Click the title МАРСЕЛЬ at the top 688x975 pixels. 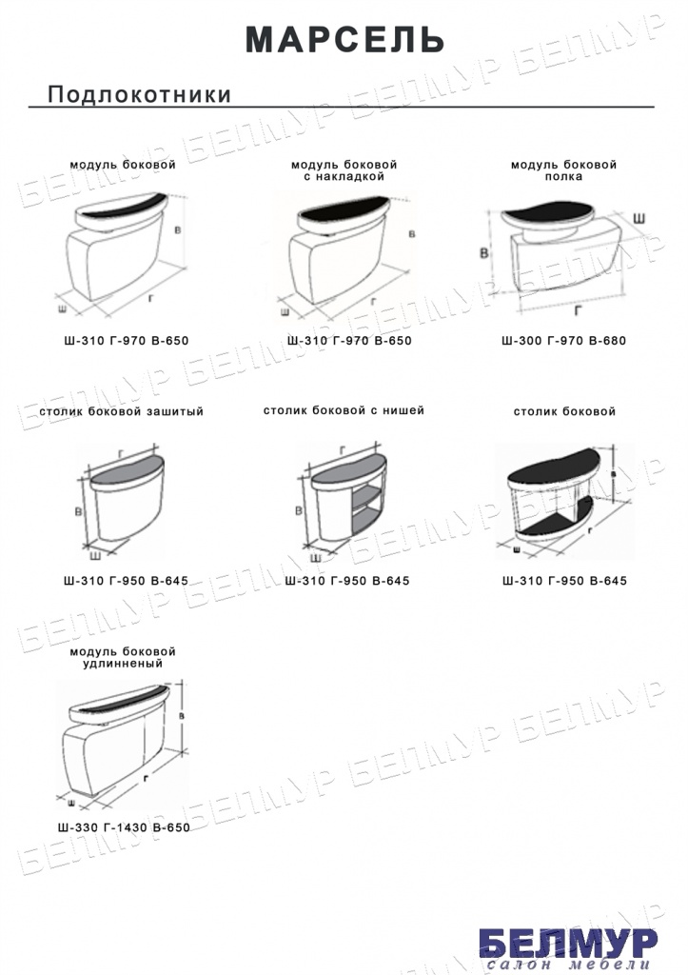344,40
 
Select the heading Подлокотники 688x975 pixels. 139,94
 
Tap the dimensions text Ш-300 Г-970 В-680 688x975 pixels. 563,341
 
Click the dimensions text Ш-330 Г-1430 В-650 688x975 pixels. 124,827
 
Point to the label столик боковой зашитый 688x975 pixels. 122,411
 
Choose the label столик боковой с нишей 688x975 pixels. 344,410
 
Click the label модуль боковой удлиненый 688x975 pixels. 123,657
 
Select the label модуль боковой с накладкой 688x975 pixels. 344,170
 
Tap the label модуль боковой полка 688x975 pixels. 563,170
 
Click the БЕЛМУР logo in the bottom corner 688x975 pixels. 568,943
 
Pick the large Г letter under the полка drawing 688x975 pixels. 578,309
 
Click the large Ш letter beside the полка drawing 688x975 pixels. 639,218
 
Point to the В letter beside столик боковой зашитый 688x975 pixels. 78,511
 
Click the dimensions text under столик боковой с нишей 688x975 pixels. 347,581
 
